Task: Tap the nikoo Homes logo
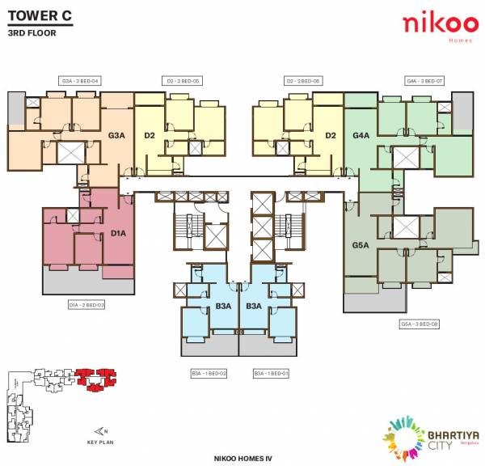click(434, 24)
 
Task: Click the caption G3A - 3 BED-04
click(80, 81)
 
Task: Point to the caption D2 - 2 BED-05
click(183, 81)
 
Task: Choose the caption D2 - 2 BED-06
click(304, 81)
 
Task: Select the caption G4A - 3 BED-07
click(424, 81)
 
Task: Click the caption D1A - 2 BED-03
click(87, 305)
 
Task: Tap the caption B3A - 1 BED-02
click(209, 373)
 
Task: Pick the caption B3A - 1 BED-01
click(271, 373)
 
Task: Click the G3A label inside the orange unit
click(117, 136)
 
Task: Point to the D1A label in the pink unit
click(119, 234)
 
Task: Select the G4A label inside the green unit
click(361, 136)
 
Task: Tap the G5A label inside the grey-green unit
click(360, 244)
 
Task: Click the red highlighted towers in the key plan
click(97, 378)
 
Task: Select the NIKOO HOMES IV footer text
click(242, 458)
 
